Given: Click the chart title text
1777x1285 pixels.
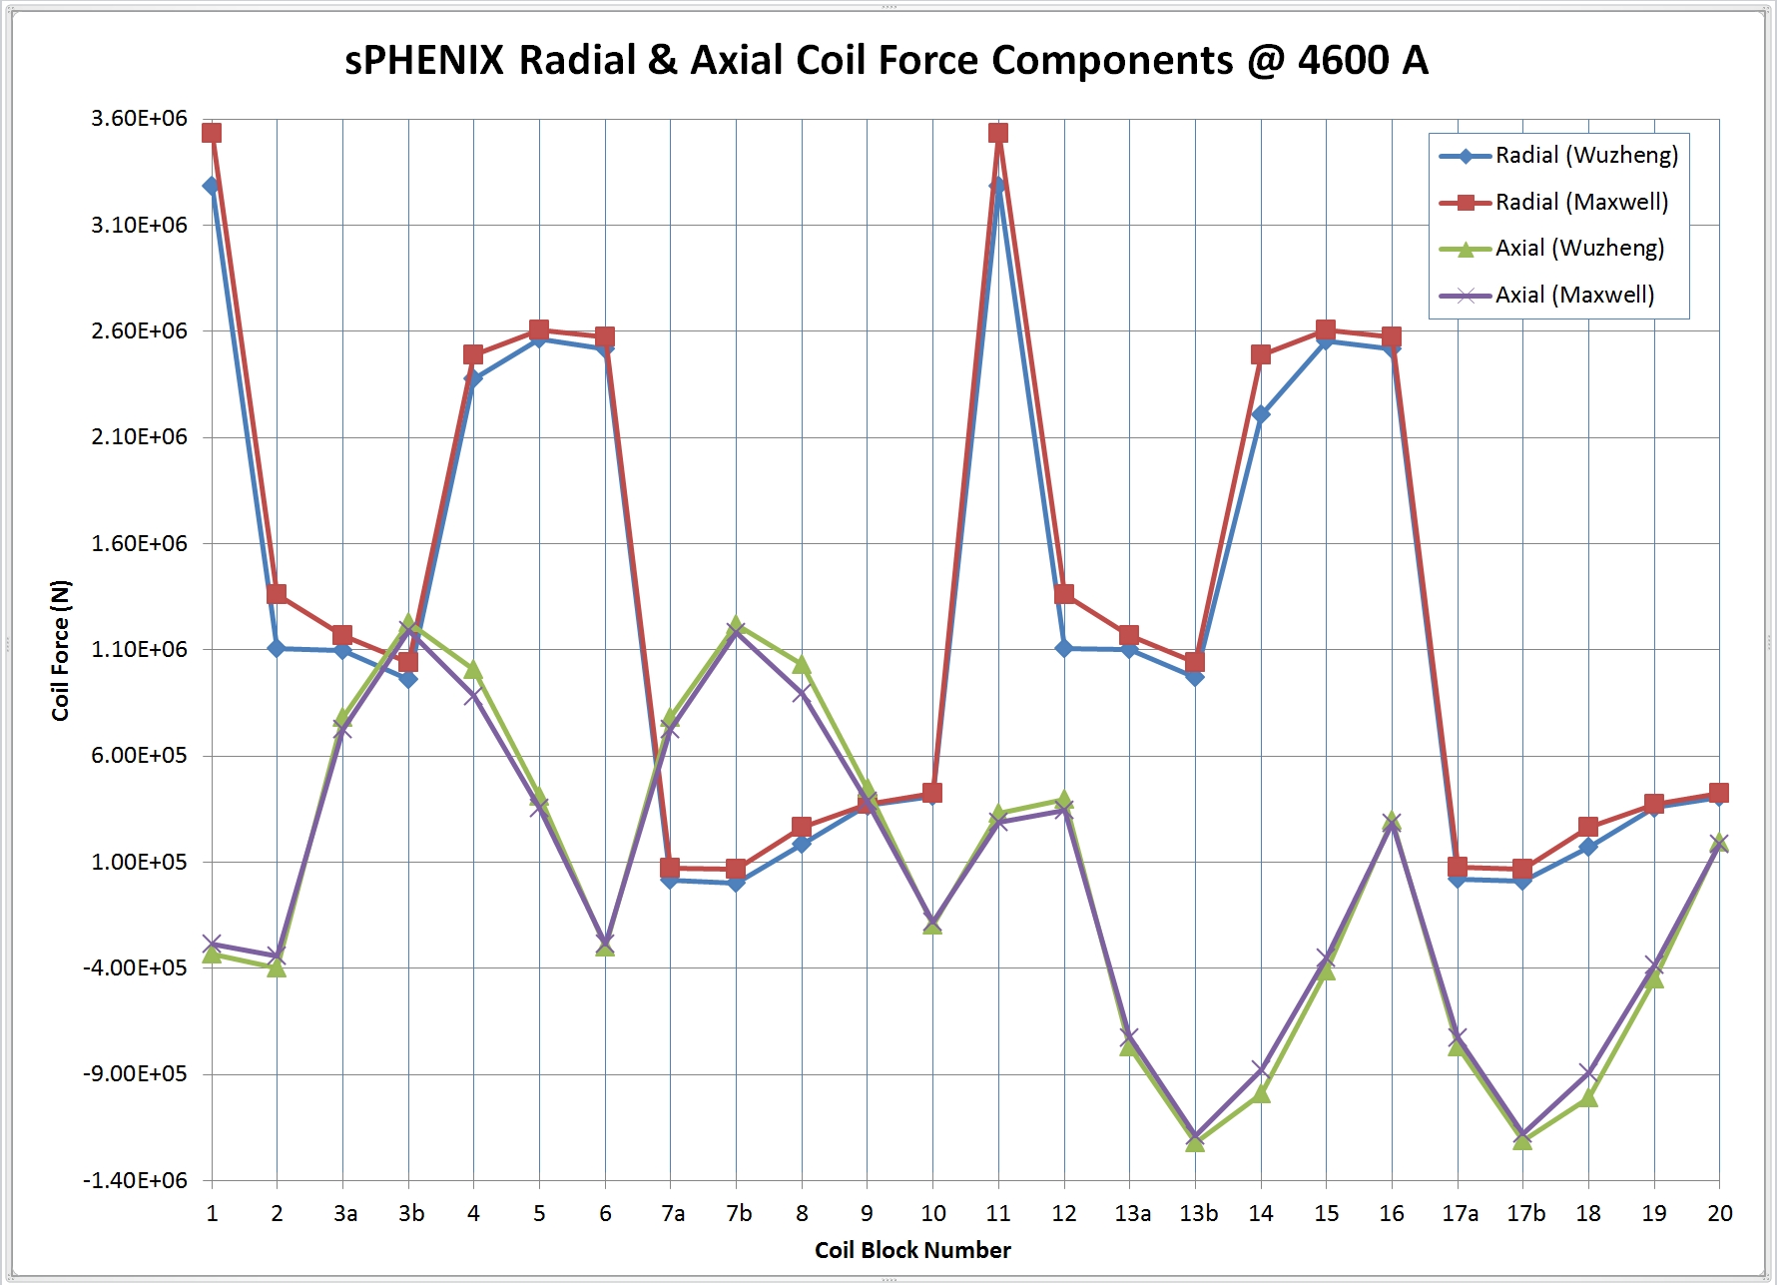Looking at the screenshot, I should point(887,61).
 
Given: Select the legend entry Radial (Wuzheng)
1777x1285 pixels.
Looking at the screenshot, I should point(1585,156).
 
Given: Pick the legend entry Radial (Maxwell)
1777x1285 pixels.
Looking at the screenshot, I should point(1580,203).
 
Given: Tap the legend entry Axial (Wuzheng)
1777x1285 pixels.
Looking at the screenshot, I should point(1578,249).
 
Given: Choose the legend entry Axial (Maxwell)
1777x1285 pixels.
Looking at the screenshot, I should point(1573,296).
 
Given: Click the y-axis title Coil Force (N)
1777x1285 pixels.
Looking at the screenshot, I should point(61,650).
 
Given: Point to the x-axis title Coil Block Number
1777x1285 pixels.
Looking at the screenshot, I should point(912,1250).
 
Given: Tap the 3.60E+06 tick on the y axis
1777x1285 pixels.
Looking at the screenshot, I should point(139,119).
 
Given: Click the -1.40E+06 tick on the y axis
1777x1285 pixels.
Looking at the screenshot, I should point(135,1181).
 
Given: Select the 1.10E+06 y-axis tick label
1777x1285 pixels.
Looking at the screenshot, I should point(139,650).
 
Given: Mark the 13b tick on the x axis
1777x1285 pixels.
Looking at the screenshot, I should point(1198,1214).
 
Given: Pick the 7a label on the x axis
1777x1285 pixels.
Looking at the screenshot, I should point(673,1214).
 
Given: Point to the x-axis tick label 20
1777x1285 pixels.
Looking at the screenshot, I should point(1719,1214).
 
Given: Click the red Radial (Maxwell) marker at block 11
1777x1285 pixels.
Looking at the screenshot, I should point(998,133).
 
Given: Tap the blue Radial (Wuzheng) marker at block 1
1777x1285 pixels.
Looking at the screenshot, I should point(212,186).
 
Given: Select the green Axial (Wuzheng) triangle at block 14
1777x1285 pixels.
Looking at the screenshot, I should point(1261,1093).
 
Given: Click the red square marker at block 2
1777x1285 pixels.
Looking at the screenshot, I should point(277,595).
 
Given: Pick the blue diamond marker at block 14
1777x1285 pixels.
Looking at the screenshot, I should point(1261,414).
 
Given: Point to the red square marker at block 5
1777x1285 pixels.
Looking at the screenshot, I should point(539,329).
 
